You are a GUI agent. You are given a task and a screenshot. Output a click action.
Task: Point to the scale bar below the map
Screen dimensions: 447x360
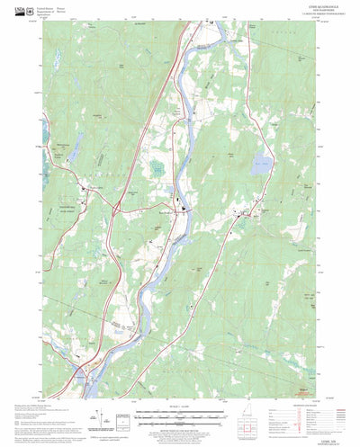pos(180,415)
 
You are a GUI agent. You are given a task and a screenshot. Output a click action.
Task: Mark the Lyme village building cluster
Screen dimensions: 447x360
pos(245,213)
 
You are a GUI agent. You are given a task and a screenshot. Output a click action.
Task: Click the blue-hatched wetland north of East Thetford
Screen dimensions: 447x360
pos(158,168)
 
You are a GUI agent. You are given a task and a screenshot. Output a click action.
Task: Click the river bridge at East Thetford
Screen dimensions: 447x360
pos(184,212)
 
